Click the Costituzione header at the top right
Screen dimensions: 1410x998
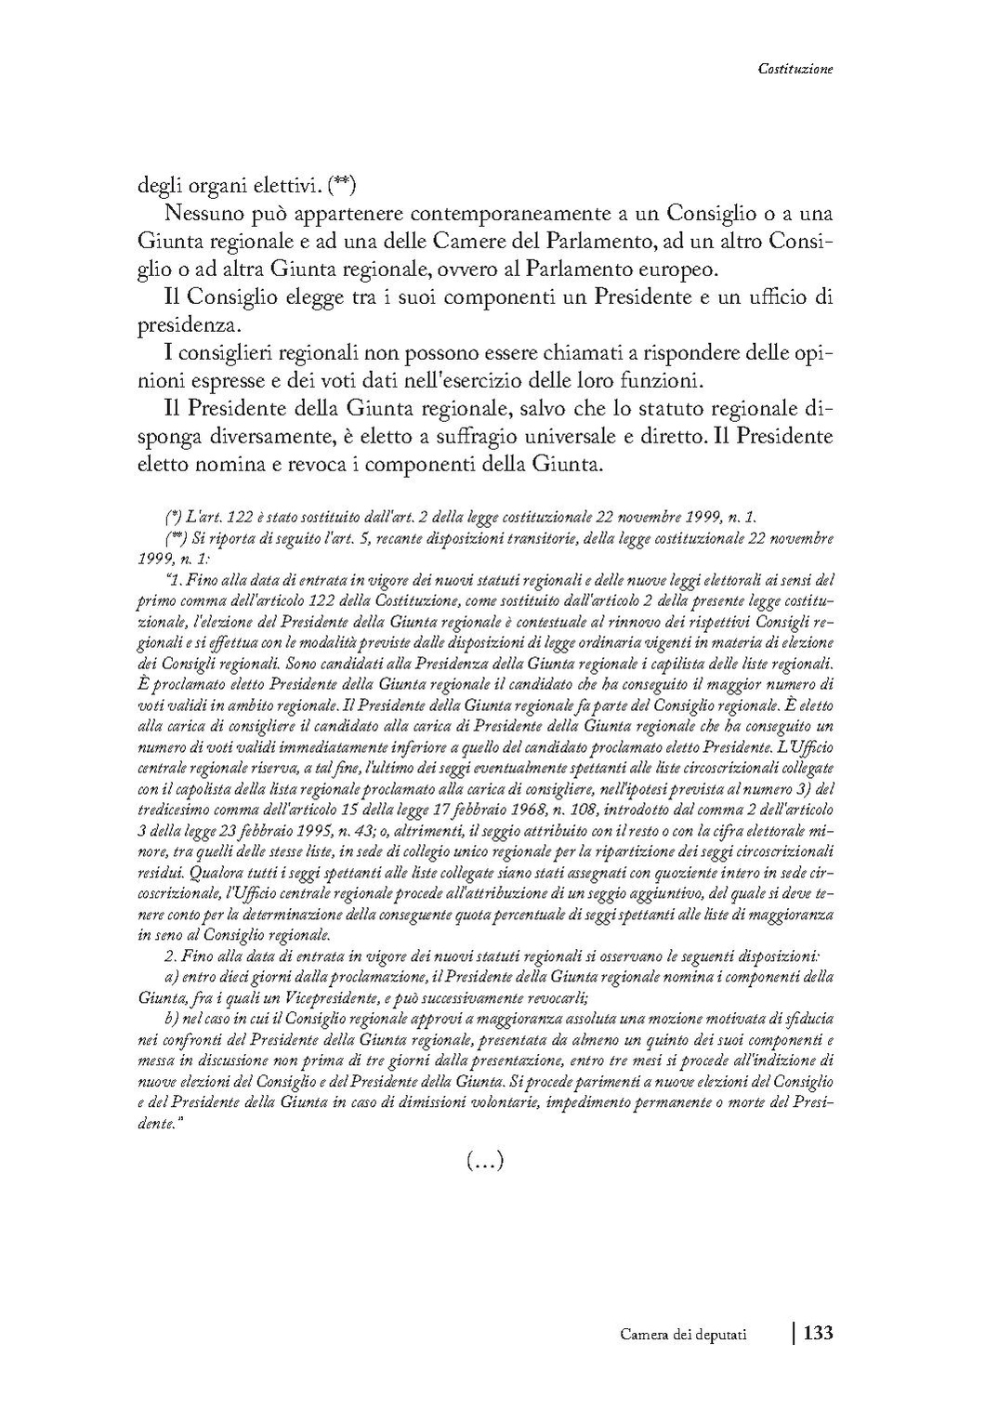pos(794,68)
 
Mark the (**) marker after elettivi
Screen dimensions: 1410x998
pos(342,184)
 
